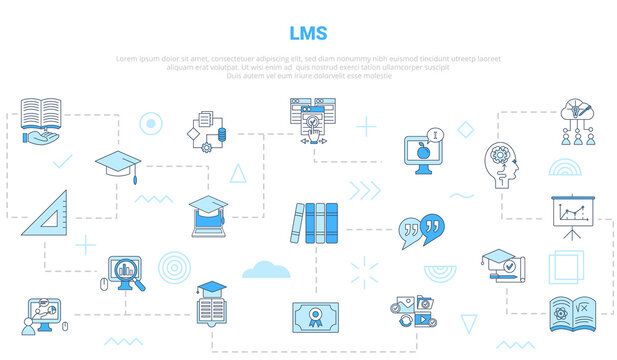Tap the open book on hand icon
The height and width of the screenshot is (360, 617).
coord(42,117)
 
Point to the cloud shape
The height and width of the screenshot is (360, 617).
coord(266,268)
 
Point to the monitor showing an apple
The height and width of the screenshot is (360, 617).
coord(425,151)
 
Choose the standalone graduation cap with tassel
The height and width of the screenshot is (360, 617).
coord(118,163)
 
